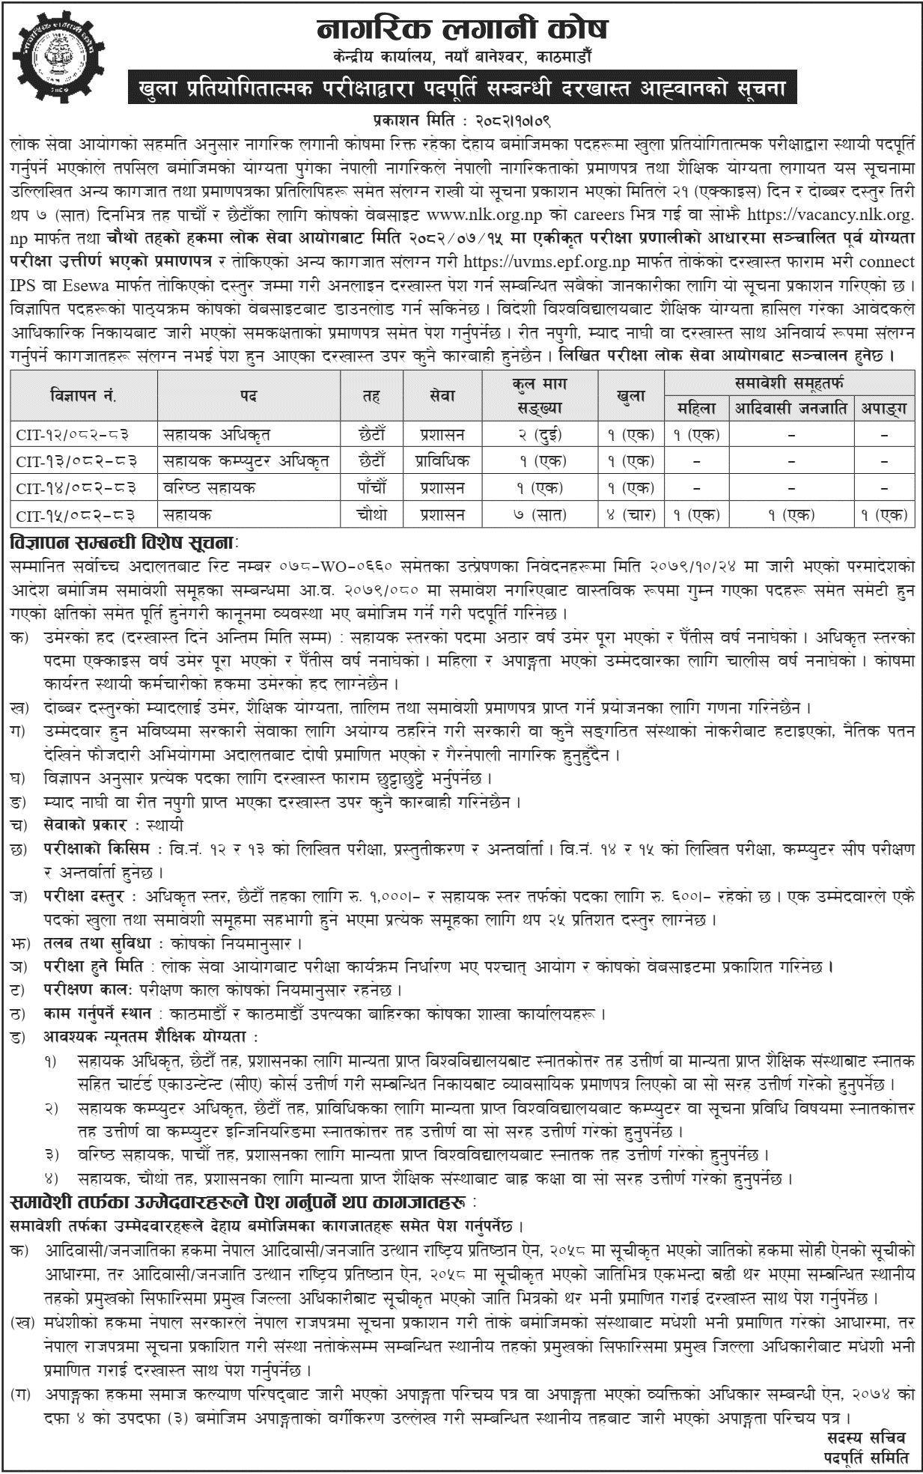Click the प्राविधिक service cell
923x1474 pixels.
[x=442, y=460]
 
